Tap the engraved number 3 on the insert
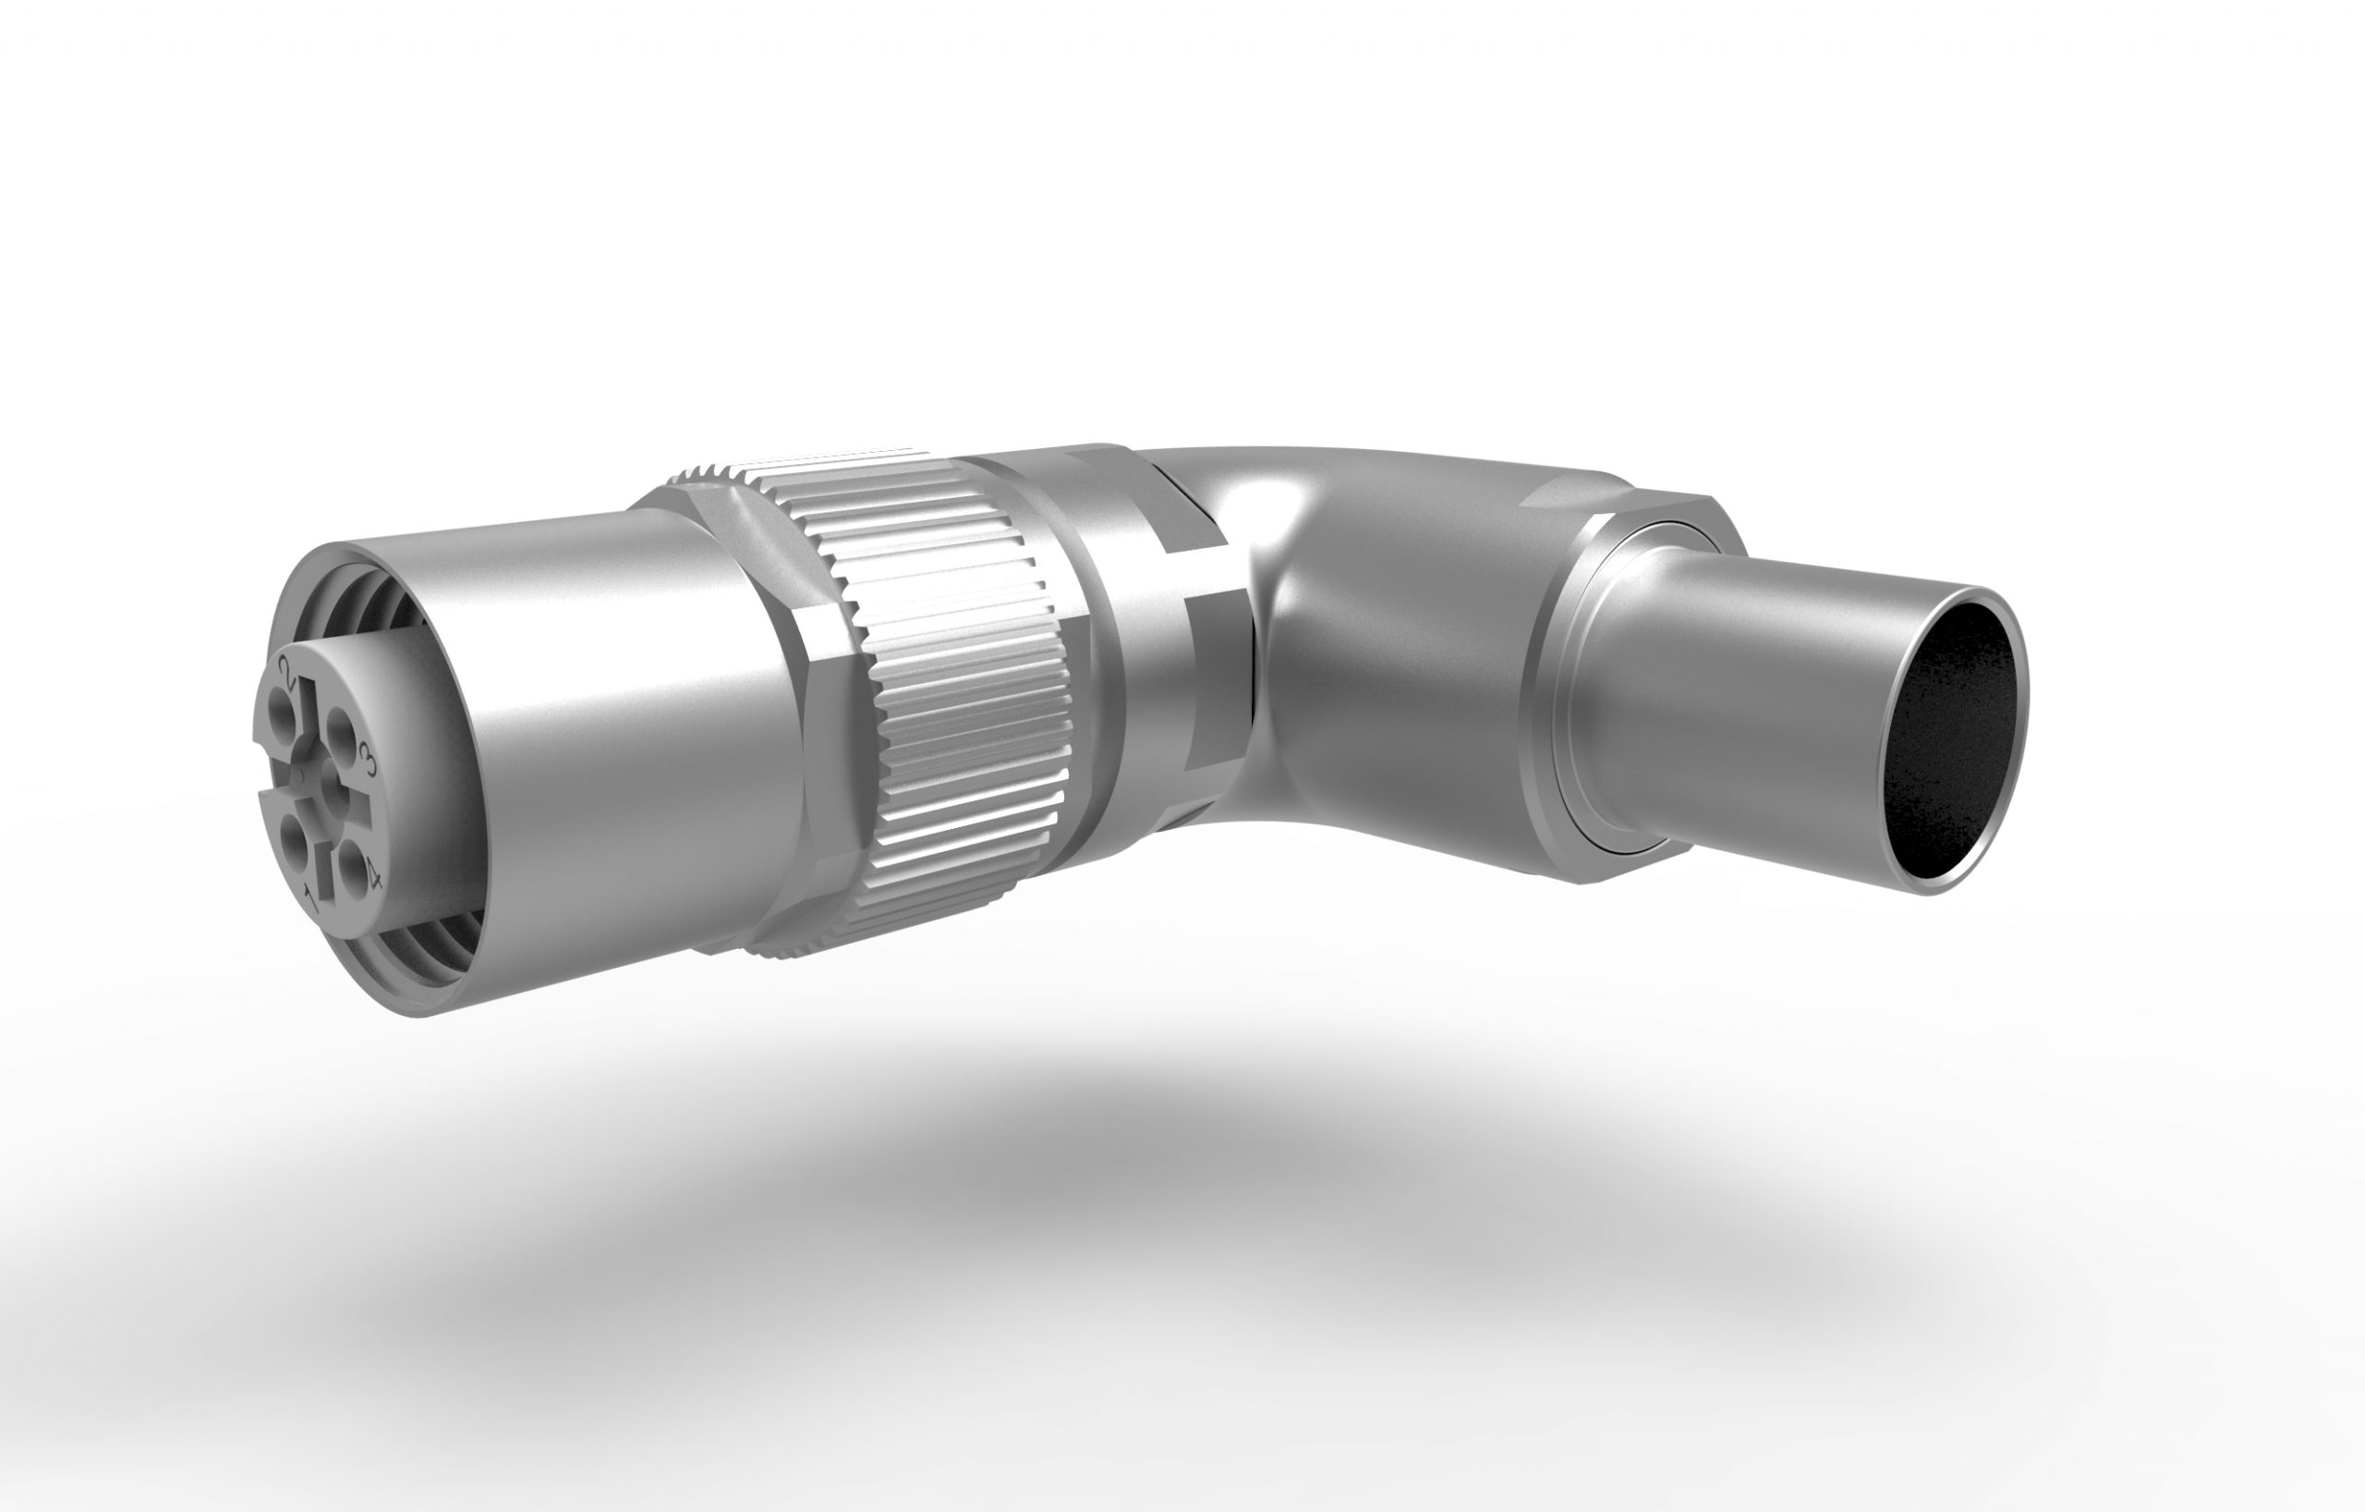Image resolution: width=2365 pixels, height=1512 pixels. (x=370, y=759)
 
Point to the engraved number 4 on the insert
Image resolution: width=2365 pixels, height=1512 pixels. (x=372, y=872)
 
